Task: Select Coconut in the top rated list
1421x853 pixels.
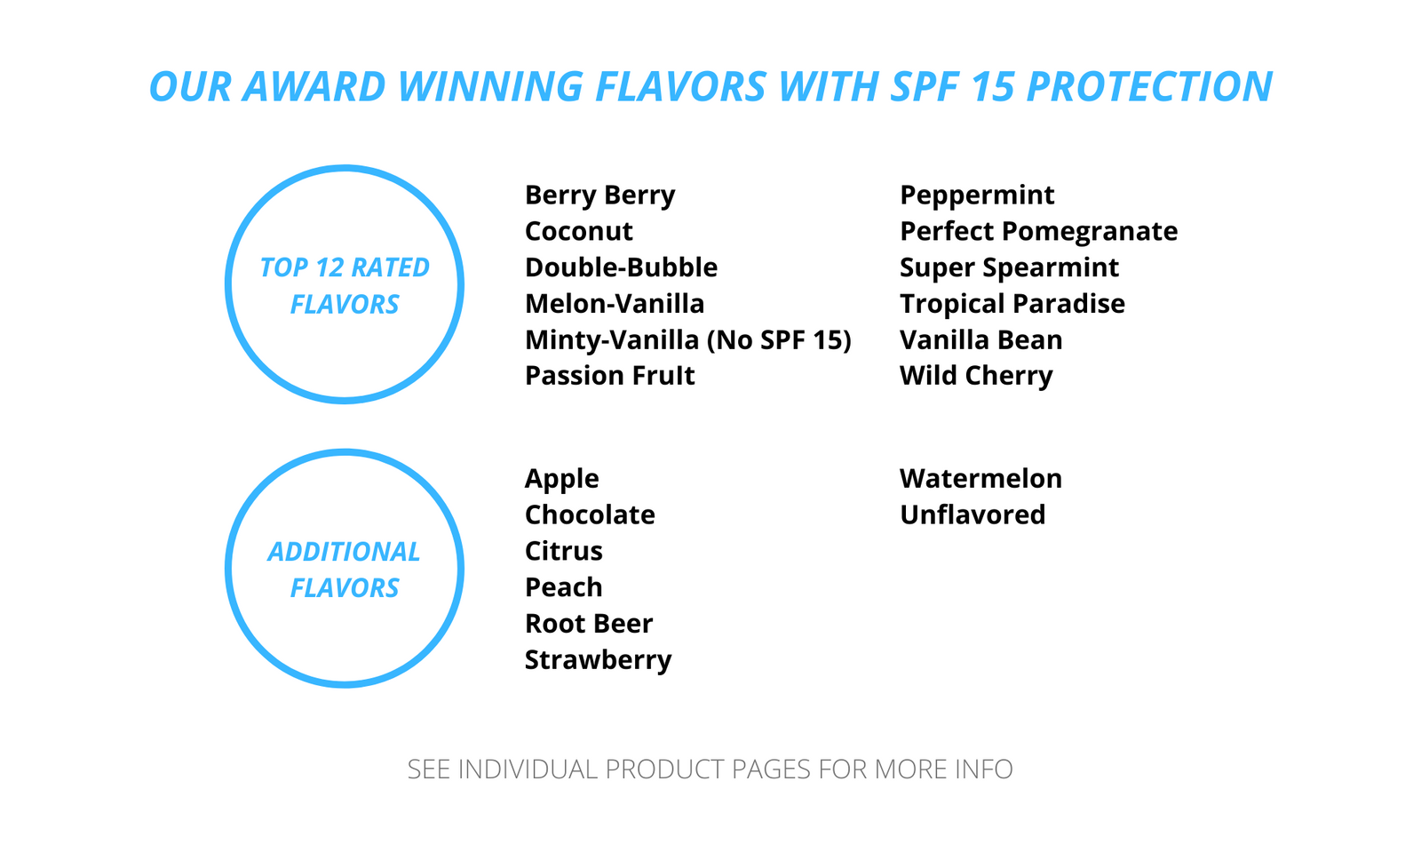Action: [578, 231]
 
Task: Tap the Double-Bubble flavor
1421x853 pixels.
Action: [621, 267]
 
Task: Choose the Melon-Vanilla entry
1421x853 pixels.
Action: [614, 303]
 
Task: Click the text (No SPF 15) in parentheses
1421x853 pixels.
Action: [779, 340]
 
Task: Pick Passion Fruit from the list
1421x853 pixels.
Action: [609, 376]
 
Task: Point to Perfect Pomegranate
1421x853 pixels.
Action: [1038, 232]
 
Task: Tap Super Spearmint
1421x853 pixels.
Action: [1009, 268]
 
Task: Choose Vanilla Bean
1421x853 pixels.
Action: [980, 339]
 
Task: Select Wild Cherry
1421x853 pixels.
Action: [976, 377]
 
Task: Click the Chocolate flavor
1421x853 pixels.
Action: [590, 514]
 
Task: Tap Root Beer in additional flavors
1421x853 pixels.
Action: [588, 624]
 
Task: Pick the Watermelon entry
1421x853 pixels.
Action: [980, 479]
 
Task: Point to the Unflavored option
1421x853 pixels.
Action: [972, 514]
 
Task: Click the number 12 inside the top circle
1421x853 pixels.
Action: [329, 267]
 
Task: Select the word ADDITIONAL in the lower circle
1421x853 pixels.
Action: [344, 552]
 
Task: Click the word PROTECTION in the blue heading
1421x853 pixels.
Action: [1149, 86]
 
